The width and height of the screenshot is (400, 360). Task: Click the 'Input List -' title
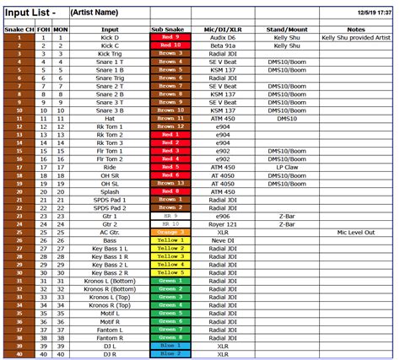[31, 13]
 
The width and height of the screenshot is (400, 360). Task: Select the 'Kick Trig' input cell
[109, 53]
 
